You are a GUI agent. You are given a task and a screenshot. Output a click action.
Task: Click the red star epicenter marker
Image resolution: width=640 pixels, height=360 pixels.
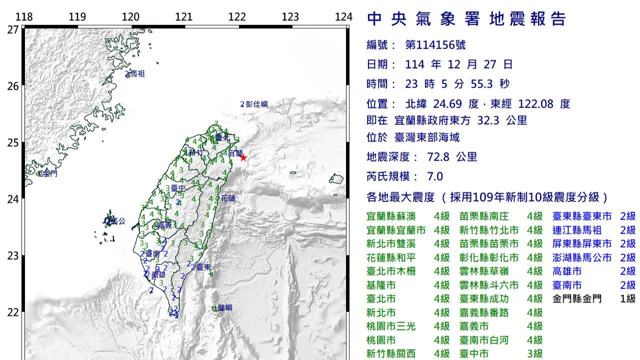click(243, 158)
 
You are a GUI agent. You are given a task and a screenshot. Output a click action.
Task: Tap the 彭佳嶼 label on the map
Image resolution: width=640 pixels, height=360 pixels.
click(256, 104)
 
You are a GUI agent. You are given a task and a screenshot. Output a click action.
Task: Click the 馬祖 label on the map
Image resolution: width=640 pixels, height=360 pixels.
click(137, 74)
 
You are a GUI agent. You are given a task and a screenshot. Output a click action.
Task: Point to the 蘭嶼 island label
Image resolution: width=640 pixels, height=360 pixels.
click(225, 308)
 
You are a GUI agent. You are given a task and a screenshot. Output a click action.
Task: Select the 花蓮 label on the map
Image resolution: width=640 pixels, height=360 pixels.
click(228, 198)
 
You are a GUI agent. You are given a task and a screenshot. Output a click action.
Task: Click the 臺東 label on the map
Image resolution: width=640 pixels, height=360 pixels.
click(202, 267)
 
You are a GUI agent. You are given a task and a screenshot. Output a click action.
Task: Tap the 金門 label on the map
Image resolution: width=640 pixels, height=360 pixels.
click(49, 174)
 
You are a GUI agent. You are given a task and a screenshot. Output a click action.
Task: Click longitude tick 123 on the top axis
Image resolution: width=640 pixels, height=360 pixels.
click(290, 17)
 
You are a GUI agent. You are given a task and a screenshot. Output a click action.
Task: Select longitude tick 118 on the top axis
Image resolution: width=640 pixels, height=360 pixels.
click(24, 17)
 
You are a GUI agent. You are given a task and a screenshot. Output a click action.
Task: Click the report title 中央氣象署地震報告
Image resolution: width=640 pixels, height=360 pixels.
click(466, 19)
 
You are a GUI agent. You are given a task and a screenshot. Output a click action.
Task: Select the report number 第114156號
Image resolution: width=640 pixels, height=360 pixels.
click(435, 45)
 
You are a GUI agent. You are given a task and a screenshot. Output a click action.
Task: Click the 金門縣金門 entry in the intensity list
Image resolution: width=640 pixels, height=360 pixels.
click(576, 299)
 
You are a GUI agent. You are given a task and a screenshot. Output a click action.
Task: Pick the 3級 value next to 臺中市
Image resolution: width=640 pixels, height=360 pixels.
click(534, 354)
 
